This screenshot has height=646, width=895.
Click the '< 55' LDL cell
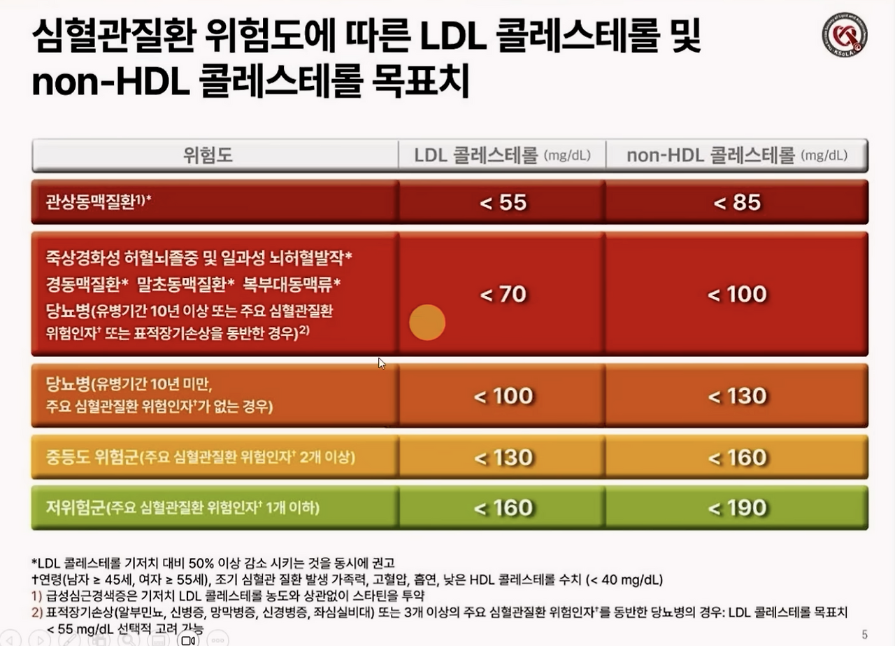pyautogui.click(x=503, y=203)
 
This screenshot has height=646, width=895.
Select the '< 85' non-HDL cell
pyautogui.click(x=737, y=203)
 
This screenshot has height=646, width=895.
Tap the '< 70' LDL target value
pyautogui.click(x=503, y=294)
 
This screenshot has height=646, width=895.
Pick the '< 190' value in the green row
pyautogui.click(x=737, y=507)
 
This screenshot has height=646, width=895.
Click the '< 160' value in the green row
pyautogui.click(x=503, y=507)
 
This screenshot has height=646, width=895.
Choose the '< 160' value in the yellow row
pyautogui.click(x=737, y=458)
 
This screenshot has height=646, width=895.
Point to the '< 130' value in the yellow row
pyautogui.click(x=503, y=458)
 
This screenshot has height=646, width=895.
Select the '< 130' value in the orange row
pyautogui.click(x=737, y=396)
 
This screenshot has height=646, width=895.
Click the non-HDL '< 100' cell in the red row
pyautogui.click(x=737, y=294)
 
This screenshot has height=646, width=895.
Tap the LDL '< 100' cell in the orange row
pyautogui.click(x=503, y=396)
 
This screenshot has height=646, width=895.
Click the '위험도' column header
pyautogui.click(x=208, y=155)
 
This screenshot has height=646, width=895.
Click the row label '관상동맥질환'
pyautogui.click(x=92, y=203)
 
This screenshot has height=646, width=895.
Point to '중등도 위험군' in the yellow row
pyautogui.click(x=92, y=458)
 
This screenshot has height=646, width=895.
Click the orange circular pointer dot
pyautogui.click(x=427, y=323)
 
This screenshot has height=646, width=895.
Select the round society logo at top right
pyautogui.click(x=845, y=34)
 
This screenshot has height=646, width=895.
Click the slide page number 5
pyautogui.click(x=864, y=635)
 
